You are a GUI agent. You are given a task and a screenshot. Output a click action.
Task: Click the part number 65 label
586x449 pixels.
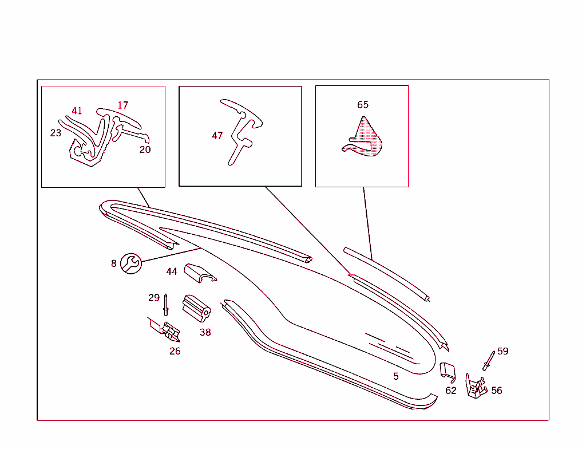pos(362,105)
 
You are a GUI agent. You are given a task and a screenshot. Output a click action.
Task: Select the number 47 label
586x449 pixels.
pos(217,136)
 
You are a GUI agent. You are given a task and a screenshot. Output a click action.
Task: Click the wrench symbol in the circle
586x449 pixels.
pos(131,263)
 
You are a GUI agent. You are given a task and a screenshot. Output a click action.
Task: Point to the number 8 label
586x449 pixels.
pos(114,264)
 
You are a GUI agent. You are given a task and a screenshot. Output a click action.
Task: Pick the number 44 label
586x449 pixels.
pos(172,271)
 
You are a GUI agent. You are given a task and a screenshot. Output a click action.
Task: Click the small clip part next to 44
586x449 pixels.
pos(200,273)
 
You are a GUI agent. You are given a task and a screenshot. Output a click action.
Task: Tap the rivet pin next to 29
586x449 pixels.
pos(165,305)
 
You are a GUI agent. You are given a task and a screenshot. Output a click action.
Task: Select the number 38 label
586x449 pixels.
pos(205,332)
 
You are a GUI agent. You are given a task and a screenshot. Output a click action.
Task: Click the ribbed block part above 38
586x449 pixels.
pos(197,308)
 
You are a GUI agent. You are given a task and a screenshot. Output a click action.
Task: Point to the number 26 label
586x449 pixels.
pos(175,351)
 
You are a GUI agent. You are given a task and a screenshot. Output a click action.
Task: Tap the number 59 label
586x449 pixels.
pos(502,351)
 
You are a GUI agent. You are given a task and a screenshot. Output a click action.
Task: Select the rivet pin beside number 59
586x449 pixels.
pos(489,361)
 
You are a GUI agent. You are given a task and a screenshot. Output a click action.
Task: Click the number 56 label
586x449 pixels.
pos(497,391)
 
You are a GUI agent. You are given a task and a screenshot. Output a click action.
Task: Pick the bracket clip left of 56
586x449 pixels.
pos(476,387)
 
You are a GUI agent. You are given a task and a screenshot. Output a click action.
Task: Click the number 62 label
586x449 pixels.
pos(451,391)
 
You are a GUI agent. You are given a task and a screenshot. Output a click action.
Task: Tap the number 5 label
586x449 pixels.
pos(396,376)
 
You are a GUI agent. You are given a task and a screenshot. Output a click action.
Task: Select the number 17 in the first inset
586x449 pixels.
pos(122,105)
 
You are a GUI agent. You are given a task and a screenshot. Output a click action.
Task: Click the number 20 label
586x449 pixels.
pos(145,149)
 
